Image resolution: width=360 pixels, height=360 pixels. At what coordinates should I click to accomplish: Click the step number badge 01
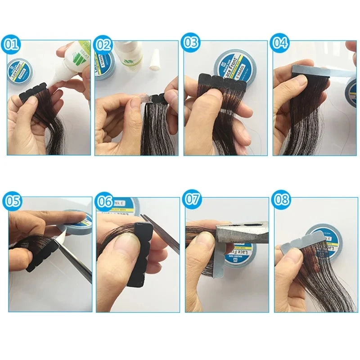[x=11, y=45]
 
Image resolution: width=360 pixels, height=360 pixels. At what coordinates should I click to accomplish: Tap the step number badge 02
[x=103, y=44]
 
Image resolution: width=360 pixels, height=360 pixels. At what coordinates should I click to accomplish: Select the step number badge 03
[x=191, y=43]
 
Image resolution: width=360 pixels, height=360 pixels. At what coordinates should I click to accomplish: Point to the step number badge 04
[x=279, y=43]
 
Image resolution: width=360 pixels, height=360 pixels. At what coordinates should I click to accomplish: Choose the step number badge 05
[x=11, y=201]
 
